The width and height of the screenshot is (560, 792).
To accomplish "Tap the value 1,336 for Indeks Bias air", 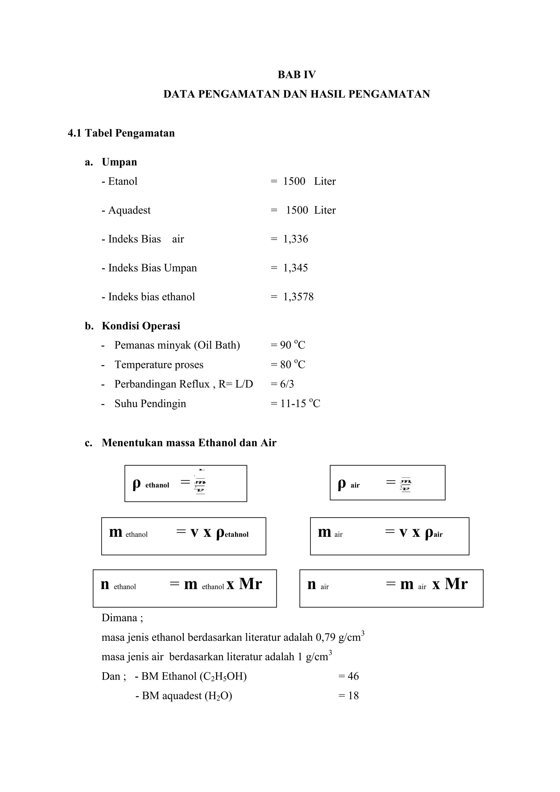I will [x=296, y=239].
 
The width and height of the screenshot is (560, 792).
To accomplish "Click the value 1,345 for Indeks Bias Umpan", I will [x=296, y=268].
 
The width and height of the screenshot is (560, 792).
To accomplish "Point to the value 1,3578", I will [x=298, y=297].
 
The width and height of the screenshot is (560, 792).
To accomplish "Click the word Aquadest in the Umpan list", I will [x=129, y=210].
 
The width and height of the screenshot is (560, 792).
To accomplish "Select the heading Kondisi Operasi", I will [x=141, y=326].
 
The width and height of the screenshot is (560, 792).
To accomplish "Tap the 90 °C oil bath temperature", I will [x=292, y=345].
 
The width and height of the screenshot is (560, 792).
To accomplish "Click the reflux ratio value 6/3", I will [x=287, y=384].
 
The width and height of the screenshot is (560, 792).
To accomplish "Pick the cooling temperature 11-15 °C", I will [x=300, y=404].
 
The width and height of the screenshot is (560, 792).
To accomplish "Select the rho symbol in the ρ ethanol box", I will [x=136, y=484].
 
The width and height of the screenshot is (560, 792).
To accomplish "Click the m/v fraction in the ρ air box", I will [x=406, y=484].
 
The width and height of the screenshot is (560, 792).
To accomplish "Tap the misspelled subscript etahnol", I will [x=236, y=535].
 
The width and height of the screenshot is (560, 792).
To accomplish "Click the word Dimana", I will [x=119, y=618].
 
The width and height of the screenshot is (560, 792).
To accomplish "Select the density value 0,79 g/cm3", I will [x=340, y=637].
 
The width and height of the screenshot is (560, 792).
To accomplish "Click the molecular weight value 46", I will [x=353, y=676].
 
